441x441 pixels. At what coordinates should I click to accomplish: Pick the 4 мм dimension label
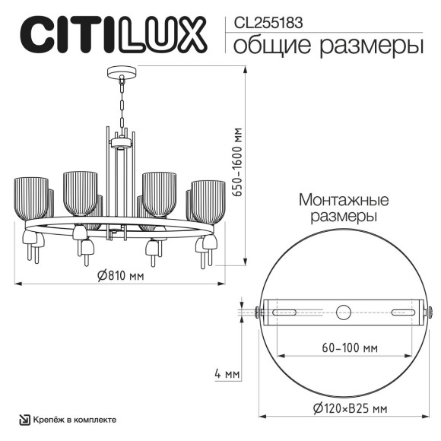coord(227,374)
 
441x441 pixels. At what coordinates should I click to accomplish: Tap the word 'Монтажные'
coord(344,201)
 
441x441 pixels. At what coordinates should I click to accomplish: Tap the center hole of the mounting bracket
coord(344,311)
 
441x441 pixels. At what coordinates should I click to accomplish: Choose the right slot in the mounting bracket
coord(404,311)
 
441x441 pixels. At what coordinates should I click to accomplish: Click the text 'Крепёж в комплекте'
coord(75,420)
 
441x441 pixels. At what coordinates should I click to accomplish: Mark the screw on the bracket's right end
coord(431,311)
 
